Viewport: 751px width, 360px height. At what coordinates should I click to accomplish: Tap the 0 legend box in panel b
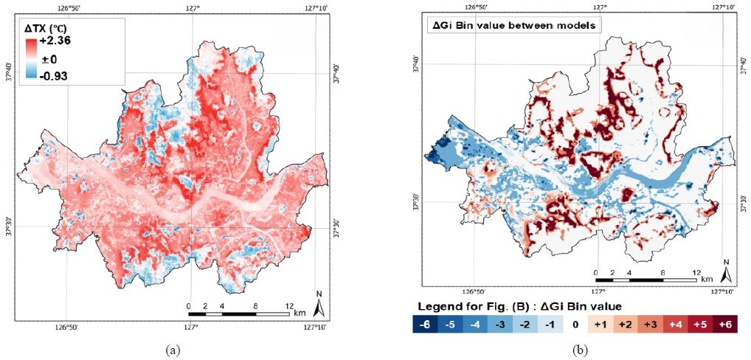click(x=573, y=324)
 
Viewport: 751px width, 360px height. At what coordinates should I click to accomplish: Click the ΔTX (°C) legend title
click(x=46, y=28)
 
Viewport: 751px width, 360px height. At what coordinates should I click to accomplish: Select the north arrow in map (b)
click(x=726, y=271)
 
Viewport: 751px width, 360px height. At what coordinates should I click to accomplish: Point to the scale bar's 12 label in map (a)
click(x=289, y=305)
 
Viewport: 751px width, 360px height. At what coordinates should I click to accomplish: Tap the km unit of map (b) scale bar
click(x=707, y=280)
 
